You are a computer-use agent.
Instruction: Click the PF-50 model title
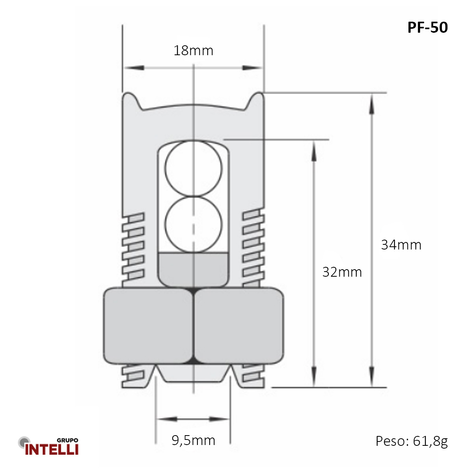(427, 28)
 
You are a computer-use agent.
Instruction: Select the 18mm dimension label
(193, 50)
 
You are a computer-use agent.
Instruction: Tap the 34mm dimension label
(401, 245)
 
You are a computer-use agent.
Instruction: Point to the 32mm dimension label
(342, 272)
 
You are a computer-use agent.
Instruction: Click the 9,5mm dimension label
(193, 440)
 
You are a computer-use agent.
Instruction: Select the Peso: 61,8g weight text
(412, 441)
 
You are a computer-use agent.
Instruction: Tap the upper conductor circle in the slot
(193, 168)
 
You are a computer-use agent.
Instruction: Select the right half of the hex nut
(239, 326)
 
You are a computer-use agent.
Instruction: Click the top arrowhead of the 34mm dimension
(371, 104)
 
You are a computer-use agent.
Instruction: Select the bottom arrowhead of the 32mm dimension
(314, 377)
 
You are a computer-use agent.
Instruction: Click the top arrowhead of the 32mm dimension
(314, 151)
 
